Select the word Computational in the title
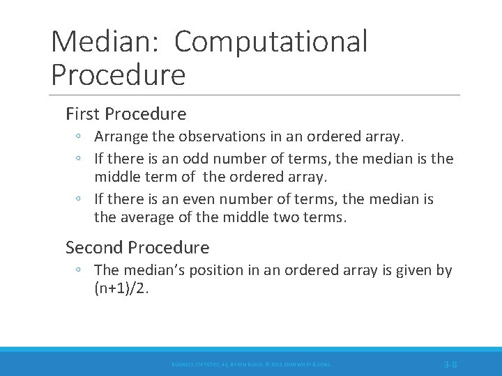click(x=271, y=42)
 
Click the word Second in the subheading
click(x=92, y=247)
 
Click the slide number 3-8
click(x=450, y=364)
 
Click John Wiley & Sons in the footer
click(x=306, y=364)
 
